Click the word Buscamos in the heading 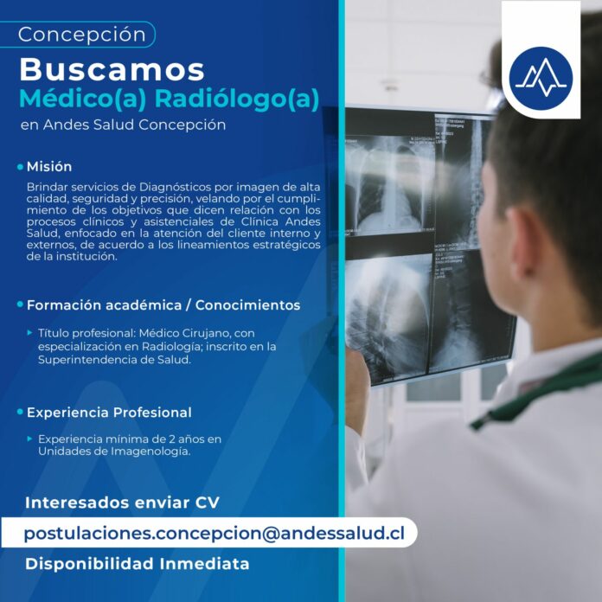click(112, 70)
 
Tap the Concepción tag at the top click(77, 35)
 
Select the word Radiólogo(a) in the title click(237, 99)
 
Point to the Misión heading click(49, 167)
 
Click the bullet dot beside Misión click(21, 167)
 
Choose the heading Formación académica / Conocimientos click(163, 305)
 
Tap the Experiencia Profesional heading click(109, 413)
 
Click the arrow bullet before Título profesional click(30, 332)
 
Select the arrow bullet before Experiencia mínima click(30, 439)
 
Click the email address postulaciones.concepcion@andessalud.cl click(214, 534)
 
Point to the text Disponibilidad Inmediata click(137, 564)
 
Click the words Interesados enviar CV click(122, 503)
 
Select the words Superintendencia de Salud click(114, 360)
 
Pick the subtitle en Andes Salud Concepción click(123, 125)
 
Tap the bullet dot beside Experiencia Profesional click(21, 412)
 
